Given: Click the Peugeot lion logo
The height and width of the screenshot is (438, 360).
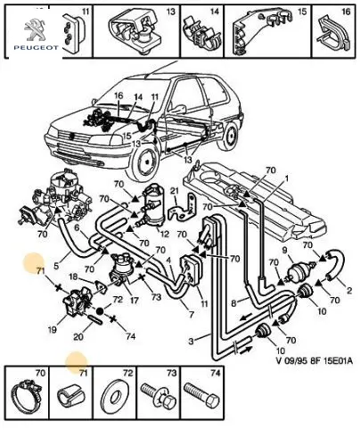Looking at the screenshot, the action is pyautogui.click(x=36, y=29).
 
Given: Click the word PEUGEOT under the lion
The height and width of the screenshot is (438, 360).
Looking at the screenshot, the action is pyautogui.click(x=36, y=47).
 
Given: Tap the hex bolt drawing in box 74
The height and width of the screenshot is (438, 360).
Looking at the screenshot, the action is pyautogui.click(x=202, y=394).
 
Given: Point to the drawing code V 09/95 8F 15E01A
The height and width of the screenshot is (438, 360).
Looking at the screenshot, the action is pyautogui.click(x=315, y=361).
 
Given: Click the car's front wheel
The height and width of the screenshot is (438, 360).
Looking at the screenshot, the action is pyautogui.click(x=146, y=160).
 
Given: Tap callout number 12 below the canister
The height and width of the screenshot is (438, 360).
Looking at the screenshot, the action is pyautogui.click(x=164, y=233).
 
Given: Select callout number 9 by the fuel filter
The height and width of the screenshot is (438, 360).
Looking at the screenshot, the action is pyautogui.click(x=284, y=250).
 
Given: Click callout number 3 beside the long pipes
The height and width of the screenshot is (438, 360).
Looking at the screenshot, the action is pyautogui.click(x=191, y=341).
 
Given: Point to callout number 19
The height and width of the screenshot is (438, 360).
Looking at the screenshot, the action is pyautogui.click(x=52, y=330).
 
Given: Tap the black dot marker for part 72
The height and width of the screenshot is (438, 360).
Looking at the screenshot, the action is pyautogui.click(x=100, y=310).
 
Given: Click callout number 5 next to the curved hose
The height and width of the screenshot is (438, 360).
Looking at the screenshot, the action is pyautogui.click(x=56, y=264).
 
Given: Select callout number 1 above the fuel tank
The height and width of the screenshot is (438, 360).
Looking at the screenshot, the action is pyautogui.click(x=286, y=178).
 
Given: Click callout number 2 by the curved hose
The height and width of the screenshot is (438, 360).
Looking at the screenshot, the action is pyautogui.click(x=349, y=290).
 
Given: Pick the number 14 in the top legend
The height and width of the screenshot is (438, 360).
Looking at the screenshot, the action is pyautogui.click(x=215, y=12).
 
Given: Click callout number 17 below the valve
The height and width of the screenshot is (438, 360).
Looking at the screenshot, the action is pyautogui.click(x=134, y=301).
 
